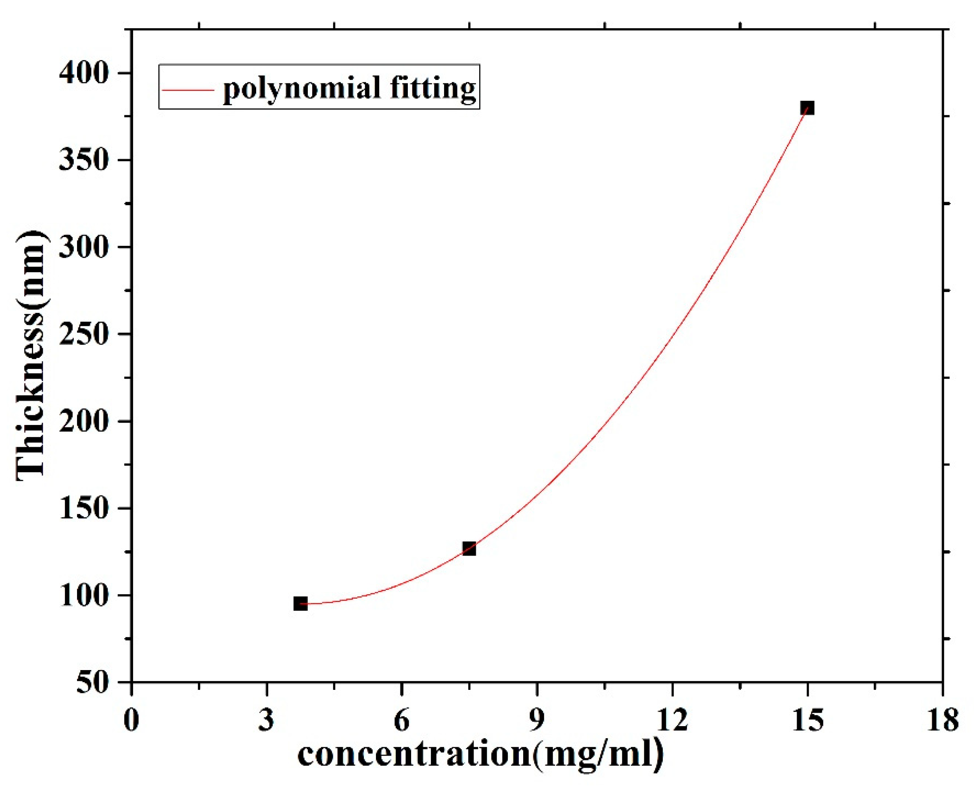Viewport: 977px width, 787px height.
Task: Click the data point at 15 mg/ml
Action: pyautogui.click(x=807, y=108)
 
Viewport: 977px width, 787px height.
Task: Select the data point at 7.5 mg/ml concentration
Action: pyautogui.click(x=469, y=549)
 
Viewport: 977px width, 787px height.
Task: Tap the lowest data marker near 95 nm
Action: pyautogui.click(x=300, y=604)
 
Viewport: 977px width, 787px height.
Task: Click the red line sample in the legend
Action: pyautogui.click(x=188, y=90)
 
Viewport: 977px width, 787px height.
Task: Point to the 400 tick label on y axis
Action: pyautogui.click(x=84, y=73)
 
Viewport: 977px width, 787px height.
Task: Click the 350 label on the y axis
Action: pyautogui.click(x=84, y=160)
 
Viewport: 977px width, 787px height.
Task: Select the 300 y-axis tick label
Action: pyautogui.click(x=84, y=248)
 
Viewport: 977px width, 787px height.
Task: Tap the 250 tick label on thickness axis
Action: pyautogui.click(x=84, y=335)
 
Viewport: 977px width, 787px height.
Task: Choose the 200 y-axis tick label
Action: pyautogui.click(x=84, y=422)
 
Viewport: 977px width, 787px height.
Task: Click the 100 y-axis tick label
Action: pyautogui.click(x=84, y=595)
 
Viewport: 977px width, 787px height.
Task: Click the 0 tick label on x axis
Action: pyautogui.click(x=131, y=720)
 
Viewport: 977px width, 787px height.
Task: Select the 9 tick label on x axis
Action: pyautogui.click(x=537, y=720)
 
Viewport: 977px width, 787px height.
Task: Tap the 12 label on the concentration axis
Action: pyautogui.click(x=672, y=720)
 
